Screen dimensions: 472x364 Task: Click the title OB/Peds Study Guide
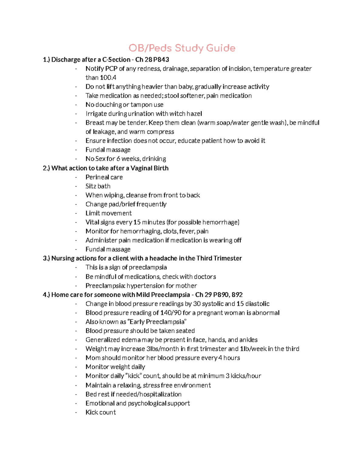click(182, 48)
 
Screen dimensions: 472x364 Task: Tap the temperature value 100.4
click(108, 78)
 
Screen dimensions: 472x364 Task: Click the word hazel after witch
click(194, 114)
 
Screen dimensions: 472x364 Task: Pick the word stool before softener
click(171, 96)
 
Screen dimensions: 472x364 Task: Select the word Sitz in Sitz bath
click(91, 186)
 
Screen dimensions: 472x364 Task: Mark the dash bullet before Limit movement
click(76, 213)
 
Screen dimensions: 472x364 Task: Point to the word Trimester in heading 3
click(227, 258)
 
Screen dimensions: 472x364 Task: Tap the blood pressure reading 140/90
click(171, 313)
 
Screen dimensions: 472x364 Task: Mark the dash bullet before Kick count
click(76, 412)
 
